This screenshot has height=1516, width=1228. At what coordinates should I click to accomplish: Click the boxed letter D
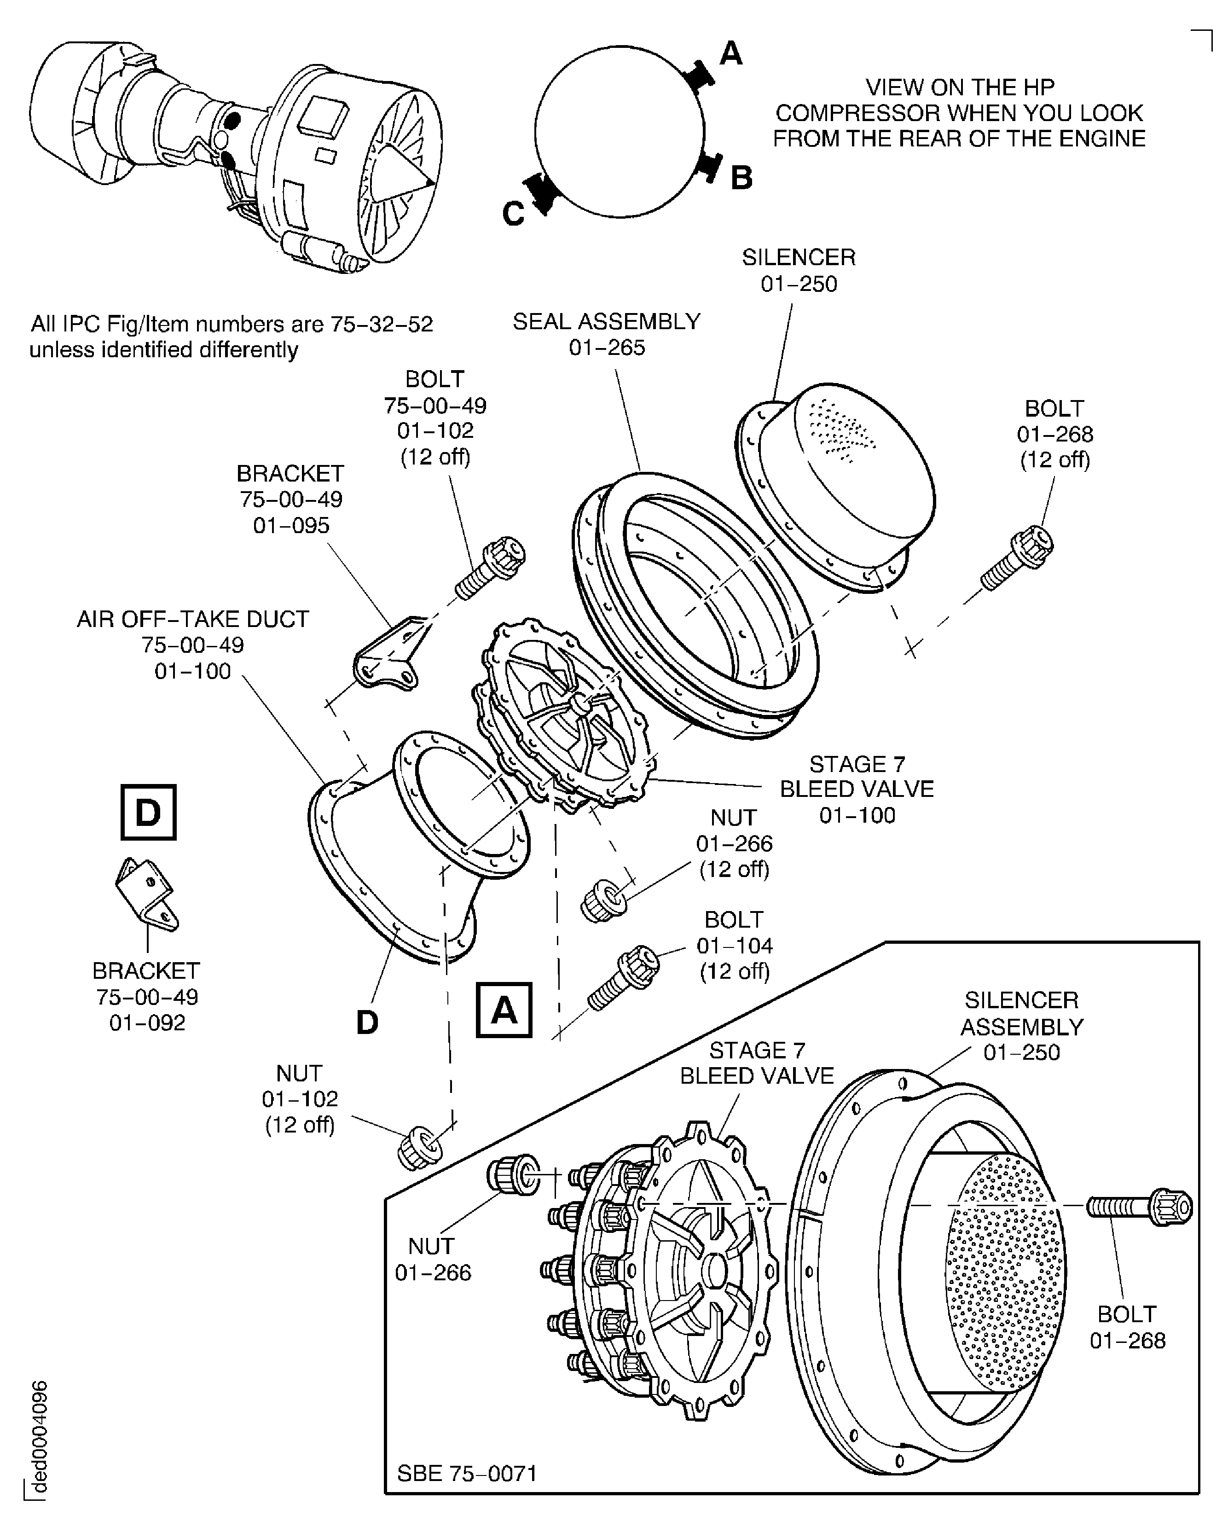pyautogui.click(x=148, y=812)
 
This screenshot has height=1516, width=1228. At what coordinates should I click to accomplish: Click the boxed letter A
pyautogui.click(x=504, y=1010)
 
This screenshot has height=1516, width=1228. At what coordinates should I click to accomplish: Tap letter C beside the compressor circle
pyautogui.click(x=514, y=213)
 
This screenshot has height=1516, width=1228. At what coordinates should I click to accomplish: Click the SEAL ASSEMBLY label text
pyautogui.click(x=606, y=321)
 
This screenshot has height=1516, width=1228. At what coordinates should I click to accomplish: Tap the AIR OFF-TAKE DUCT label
pyautogui.click(x=192, y=619)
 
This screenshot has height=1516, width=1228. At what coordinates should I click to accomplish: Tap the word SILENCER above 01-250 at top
pyautogui.click(x=798, y=257)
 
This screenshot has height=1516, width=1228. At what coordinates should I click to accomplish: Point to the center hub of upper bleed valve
pyautogui.click(x=580, y=704)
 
